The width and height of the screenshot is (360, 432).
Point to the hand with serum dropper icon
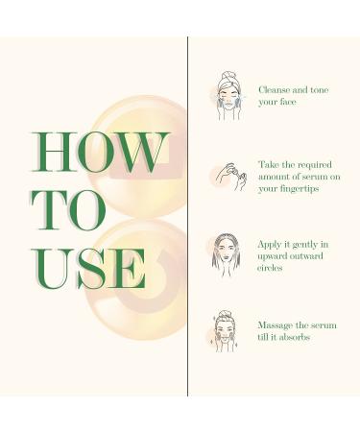pos(228,177)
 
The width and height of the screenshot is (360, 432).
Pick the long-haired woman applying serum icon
pos(227,253)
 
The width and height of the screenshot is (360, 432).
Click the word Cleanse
pos(277,89)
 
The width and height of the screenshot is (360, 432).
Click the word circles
pos(274,269)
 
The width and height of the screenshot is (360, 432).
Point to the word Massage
pos(278,325)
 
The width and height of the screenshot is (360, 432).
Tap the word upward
pos(276,256)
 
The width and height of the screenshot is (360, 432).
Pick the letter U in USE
pos(49,269)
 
